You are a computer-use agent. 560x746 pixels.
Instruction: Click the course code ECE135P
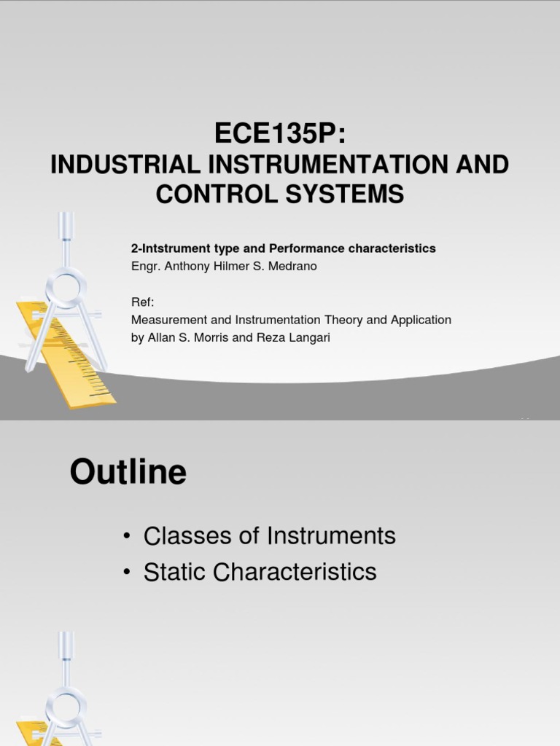[x=279, y=133]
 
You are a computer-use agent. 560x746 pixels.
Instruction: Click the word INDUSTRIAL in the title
[x=124, y=165]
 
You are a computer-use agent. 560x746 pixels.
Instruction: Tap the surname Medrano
[x=294, y=266]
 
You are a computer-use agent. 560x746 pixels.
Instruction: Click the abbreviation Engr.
[x=146, y=266]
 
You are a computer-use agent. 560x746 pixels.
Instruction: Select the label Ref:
[x=143, y=302]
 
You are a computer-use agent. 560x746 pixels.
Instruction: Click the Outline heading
[x=128, y=474]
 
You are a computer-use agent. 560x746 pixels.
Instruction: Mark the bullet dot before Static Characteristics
[x=127, y=573]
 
